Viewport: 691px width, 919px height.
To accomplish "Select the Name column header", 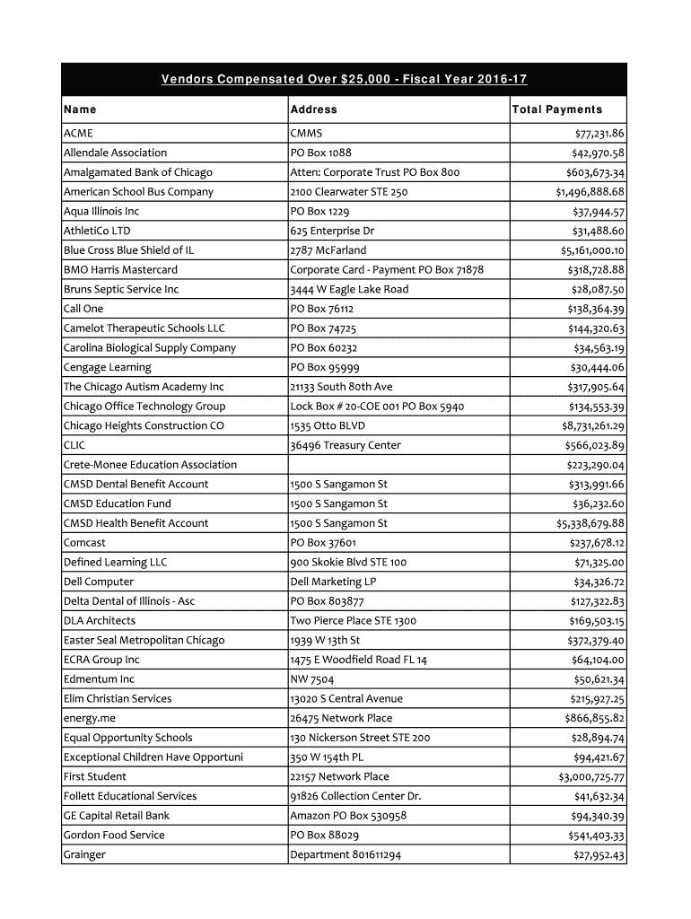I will pyautogui.click(x=80, y=109).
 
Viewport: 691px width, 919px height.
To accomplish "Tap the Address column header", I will pyautogui.click(x=314, y=109).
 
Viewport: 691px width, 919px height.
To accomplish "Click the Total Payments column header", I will pyautogui.click(x=556, y=109).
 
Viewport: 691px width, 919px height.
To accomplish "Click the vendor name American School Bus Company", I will pyautogui.click(x=138, y=192).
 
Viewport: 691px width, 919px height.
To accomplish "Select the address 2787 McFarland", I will pyautogui.click(x=328, y=250).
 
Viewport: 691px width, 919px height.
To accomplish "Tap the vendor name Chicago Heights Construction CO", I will pyautogui.click(x=144, y=425).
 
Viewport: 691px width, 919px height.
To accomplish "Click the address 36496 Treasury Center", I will pyautogui.click(x=345, y=445).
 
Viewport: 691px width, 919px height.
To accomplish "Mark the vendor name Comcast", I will pyautogui.click(x=84, y=543).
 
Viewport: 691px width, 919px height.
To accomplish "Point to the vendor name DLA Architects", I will pyautogui.click(x=100, y=621).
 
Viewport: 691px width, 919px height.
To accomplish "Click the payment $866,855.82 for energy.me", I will pyautogui.click(x=594, y=718).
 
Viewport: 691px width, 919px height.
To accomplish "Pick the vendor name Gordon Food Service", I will pyautogui.click(x=114, y=835).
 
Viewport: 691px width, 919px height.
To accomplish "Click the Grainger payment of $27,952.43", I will pyautogui.click(x=599, y=854).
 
